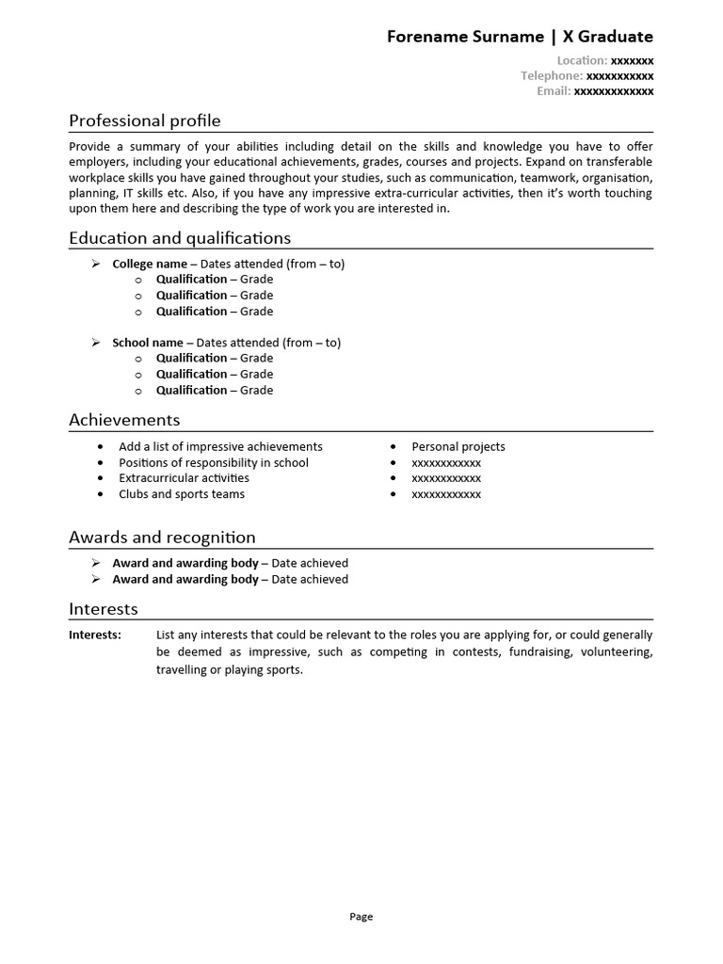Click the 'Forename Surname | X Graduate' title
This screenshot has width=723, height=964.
pyautogui.click(x=520, y=37)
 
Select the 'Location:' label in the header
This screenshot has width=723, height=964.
pyautogui.click(x=582, y=59)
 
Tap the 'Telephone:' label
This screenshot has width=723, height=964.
pyautogui.click(x=552, y=75)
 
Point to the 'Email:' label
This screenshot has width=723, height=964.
pyautogui.click(x=554, y=91)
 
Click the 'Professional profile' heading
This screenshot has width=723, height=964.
pyautogui.click(x=145, y=120)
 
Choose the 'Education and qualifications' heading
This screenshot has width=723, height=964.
pyautogui.click(x=180, y=238)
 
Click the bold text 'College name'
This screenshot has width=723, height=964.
pyautogui.click(x=150, y=264)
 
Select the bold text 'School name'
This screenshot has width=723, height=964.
pyautogui.click(x=148, y=343)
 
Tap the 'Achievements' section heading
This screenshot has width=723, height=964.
pyautogui.click(x=124, y=420)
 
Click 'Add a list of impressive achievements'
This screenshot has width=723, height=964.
pyautogui.click(x=220, y=446)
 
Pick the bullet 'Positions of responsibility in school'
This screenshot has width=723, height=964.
pyautogui.click(x=214, y=462)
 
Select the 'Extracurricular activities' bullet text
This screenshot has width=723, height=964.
pyautogui.click(x=184, y=478)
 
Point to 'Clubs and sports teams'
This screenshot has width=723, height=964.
pyautogui.click(x=182, y=494)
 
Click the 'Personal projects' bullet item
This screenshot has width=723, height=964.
pyautogui.click(x=458, y=446)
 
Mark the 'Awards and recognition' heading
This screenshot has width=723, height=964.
pyautogui.click(x=162, y=538)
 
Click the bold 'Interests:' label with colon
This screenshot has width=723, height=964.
pyautogui.click(x=95, y=635)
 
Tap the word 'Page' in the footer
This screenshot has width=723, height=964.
pyautogui.click(x=361, y=916)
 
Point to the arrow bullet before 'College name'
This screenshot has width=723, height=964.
pyautogui.click(x=95, y=264)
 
